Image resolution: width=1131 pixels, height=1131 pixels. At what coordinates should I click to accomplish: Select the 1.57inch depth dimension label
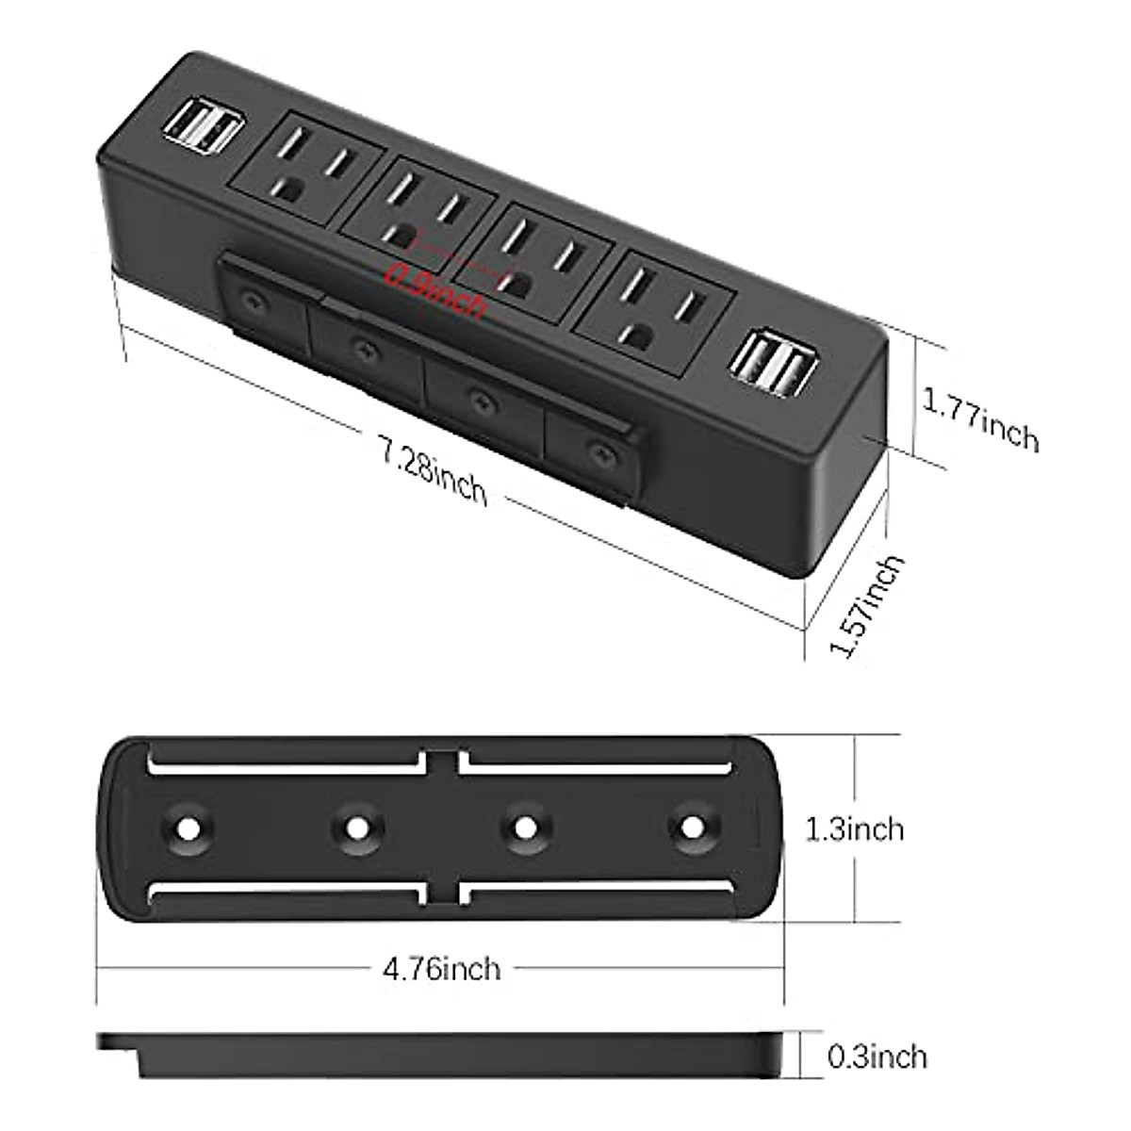tap(865, 607)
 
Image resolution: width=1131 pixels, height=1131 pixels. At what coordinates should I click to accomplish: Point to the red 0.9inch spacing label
tap(435, 290)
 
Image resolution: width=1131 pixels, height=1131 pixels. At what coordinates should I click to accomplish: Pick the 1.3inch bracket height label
tap(854, 828)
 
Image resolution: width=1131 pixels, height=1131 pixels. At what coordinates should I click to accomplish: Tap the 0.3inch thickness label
tap(877, 1057)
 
